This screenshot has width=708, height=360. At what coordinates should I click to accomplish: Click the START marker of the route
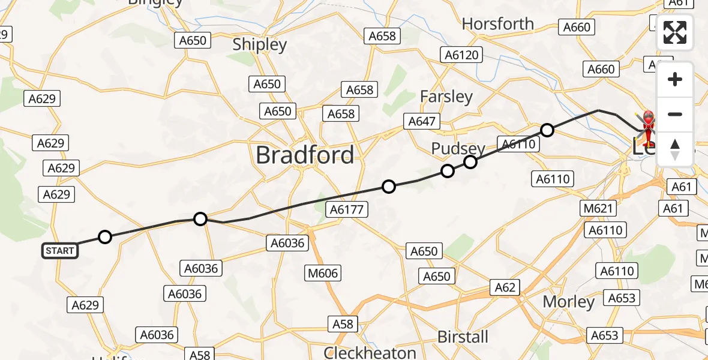60,251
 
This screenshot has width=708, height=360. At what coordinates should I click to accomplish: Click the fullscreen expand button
675,32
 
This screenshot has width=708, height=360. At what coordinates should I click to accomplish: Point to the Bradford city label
305,155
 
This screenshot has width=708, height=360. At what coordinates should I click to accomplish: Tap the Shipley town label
260,45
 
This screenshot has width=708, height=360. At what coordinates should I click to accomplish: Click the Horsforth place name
498,24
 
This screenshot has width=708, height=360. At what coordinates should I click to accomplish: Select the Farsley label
446,97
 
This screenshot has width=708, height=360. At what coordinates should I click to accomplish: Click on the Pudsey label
458,148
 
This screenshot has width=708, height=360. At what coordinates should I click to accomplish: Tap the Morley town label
569,302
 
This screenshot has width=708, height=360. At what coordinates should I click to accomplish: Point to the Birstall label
463,337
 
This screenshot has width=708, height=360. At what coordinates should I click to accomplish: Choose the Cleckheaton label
370,352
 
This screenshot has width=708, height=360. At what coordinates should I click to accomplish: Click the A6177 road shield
346,209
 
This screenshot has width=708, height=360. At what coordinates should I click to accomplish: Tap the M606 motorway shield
323,274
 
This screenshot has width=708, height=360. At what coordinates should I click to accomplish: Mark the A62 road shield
505,287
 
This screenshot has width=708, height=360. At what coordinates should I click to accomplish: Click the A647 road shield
422,121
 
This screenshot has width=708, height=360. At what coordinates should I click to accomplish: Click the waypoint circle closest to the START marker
105,237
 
